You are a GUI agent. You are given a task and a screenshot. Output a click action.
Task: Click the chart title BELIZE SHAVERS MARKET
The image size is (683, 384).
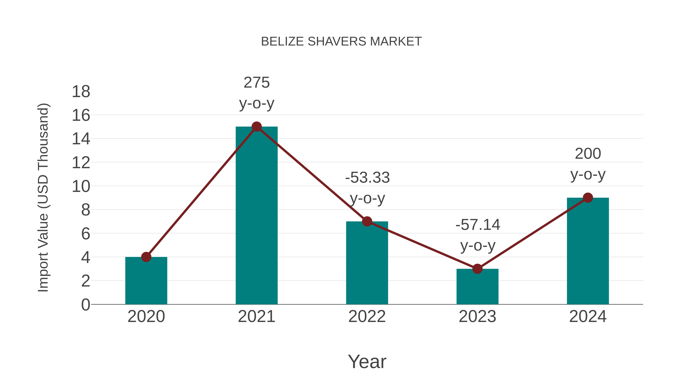click(341, 42)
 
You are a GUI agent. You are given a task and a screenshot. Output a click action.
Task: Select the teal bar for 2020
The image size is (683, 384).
click(146, 281)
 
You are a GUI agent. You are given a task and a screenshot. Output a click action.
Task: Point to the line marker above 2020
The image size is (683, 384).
click(146, 257)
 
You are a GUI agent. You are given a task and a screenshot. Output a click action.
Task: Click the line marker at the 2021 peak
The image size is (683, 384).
click(256, 127)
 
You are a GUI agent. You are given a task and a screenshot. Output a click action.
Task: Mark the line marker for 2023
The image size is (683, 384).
click(477, 269)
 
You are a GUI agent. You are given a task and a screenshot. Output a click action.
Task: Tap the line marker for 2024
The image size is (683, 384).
click(588, 198)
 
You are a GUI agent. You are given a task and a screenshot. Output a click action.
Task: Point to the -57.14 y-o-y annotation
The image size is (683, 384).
click(478, 235)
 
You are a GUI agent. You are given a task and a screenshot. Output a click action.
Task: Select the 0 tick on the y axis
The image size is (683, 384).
click(85, 305)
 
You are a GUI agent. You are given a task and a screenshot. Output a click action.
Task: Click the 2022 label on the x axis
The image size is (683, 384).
click(367, 316)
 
